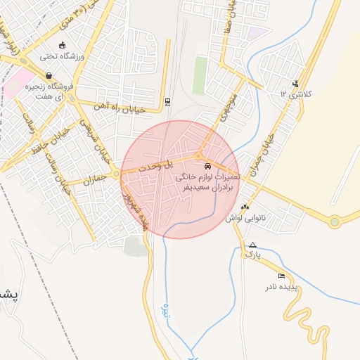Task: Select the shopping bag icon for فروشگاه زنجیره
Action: click(48, 75)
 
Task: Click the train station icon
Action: click(167, 101)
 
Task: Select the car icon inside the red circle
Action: click(207, 166)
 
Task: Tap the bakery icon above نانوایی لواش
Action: click(245, 207)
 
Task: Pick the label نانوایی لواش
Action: click(239, 218)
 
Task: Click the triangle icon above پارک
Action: click(252, 245)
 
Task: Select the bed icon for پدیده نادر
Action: click(282, 276)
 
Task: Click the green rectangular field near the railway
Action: click(200, 75)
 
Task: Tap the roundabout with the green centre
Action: click(335, 222)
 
